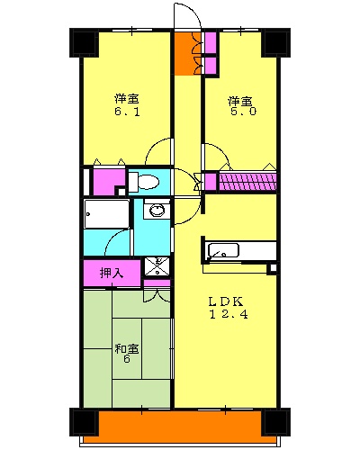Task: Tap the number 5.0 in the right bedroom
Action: pos(238,112)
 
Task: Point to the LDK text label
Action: pos(226,300)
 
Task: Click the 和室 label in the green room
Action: pos(125,348)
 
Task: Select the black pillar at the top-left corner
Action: pos(84,42)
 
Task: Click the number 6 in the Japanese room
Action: pos(126,360)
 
